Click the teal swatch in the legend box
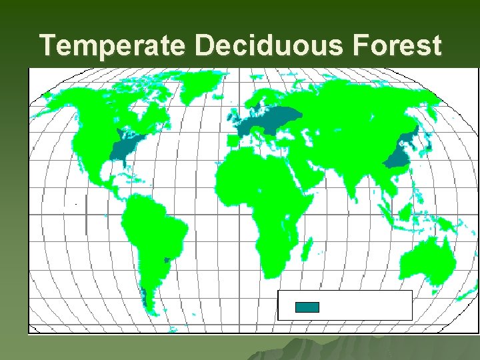click(307, 307)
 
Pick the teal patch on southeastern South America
click(167, 259)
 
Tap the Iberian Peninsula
click(233, 141)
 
